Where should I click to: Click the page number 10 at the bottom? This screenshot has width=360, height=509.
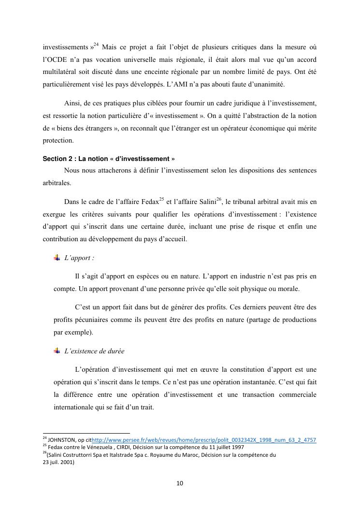pos(180,483)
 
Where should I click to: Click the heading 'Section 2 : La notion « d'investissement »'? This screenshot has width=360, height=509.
pos(109,159)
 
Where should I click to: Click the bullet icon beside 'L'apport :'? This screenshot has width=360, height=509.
pos(57,258)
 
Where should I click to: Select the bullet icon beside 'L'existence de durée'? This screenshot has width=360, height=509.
pos(57,351)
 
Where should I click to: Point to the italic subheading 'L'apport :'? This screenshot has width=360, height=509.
pos(79,258)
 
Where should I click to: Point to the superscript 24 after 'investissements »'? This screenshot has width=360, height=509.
pos(96,45)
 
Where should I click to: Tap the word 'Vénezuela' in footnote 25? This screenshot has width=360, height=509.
pos(93,447)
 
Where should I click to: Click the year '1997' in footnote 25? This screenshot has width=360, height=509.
pos(237,447)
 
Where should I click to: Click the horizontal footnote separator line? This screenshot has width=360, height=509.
pos(86,434)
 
